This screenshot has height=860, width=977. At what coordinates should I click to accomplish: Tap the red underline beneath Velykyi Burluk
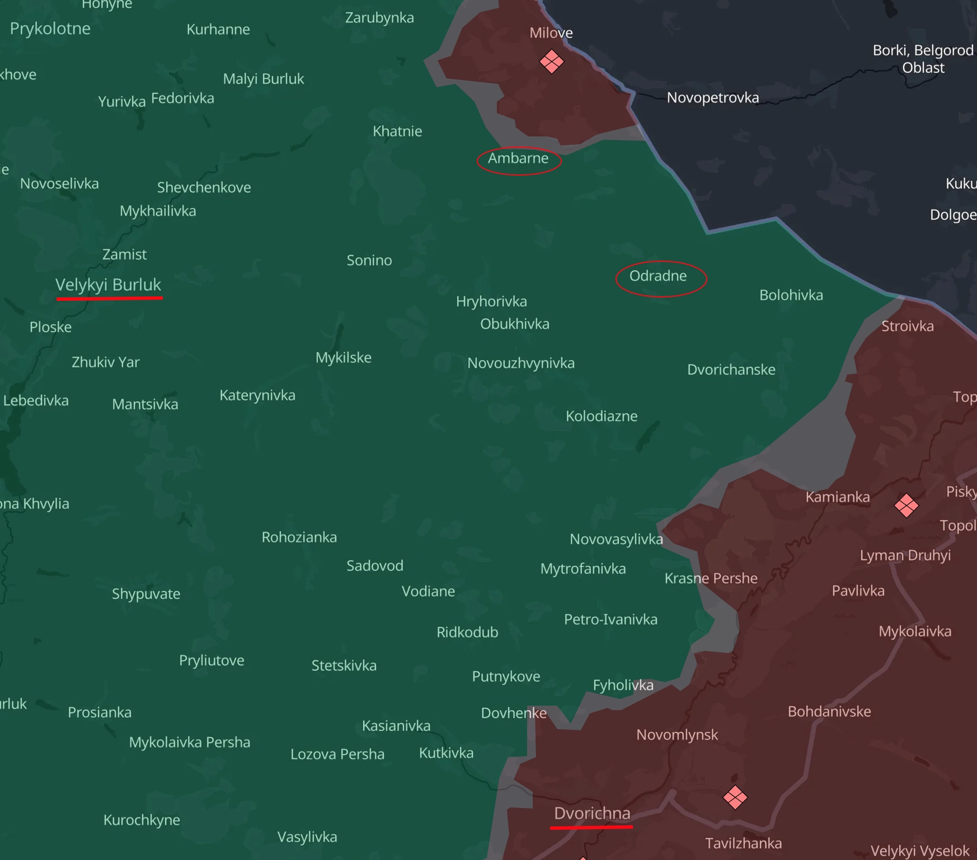coord(109,299)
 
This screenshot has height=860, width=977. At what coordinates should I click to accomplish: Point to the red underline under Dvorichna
coord(591,826)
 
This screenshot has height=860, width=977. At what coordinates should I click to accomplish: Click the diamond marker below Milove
coord(552,62)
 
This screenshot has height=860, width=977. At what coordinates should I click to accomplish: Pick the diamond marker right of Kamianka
coord(906,505)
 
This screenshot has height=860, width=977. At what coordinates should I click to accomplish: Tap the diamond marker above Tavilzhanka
coord(735,797)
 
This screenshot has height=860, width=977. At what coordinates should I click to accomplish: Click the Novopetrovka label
coord(713,98)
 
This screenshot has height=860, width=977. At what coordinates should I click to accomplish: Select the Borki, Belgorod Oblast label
coord(923,59)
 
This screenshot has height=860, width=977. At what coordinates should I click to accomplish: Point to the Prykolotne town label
coord(50,29)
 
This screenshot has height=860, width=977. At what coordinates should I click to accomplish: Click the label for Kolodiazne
coord(602,416)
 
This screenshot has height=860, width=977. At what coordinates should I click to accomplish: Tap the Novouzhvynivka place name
coord(521,363)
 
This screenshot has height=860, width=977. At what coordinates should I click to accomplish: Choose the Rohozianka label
coord(299,537)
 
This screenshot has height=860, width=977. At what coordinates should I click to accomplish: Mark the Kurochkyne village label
coord(142,820)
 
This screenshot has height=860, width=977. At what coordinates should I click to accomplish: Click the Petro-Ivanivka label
coord(610,620)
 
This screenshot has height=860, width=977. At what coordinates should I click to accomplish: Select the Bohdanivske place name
coord(829,712)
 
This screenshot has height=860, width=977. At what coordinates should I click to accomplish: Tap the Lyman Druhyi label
coord(905,555)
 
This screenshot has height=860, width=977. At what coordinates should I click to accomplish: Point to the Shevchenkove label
coord(204,187)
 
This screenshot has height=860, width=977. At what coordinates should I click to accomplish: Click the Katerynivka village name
coord(257,395)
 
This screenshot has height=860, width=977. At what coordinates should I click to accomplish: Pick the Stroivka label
coord(907,327)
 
